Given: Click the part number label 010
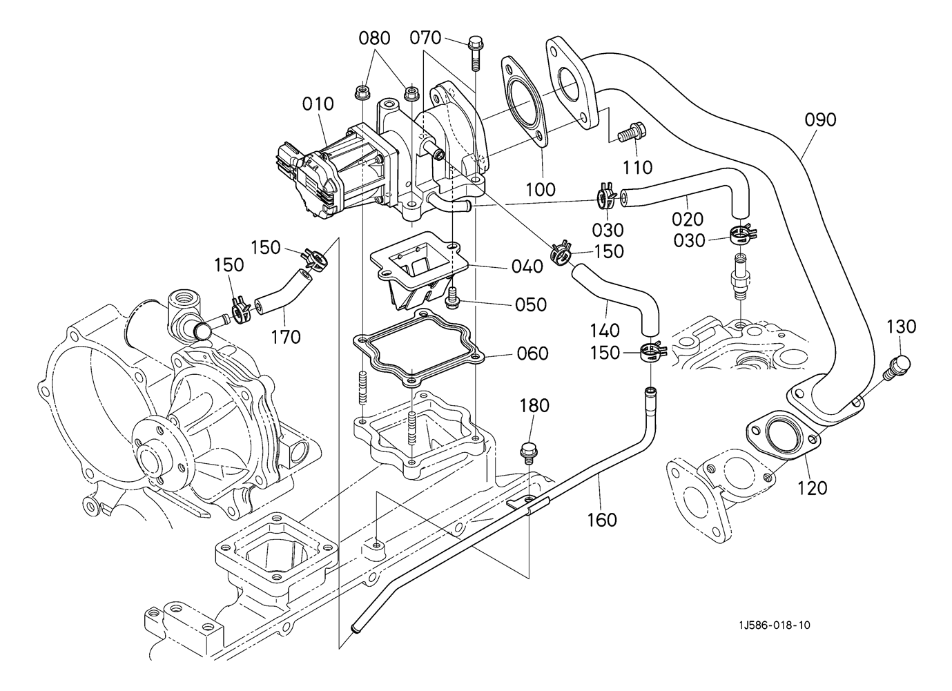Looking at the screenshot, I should coord(318,104).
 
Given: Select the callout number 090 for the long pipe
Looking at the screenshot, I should coord(820,119).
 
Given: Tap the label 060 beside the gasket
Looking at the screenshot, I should coord(532,353).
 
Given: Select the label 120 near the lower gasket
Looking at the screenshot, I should coord(812,488).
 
